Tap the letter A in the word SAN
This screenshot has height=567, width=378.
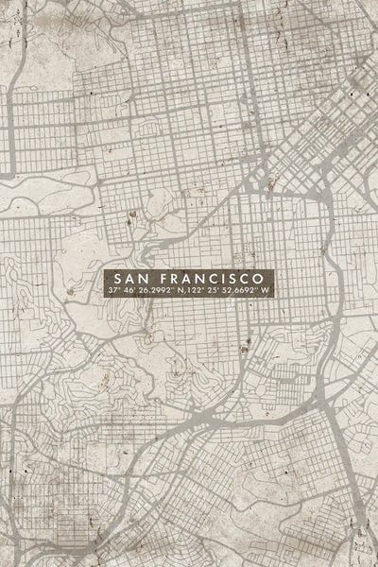point(131,280)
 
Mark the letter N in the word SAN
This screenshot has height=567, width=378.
point(145,280)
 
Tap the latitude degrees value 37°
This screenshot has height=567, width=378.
point(114,291)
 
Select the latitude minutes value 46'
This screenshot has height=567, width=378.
point(128,291)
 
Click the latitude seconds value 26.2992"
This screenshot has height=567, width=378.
point(155,291)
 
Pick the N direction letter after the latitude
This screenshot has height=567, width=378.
point(180,291)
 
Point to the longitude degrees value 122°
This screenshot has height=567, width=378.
point(194,291)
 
